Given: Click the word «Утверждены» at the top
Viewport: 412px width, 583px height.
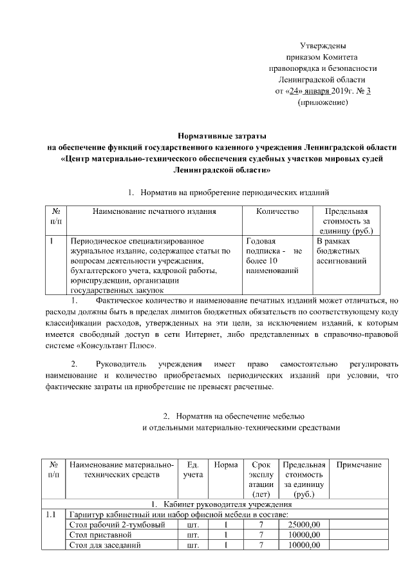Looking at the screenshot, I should (x=323, y=46).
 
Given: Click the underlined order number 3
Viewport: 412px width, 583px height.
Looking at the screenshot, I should (x=368, y=91).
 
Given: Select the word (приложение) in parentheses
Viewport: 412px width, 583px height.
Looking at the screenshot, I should (x=323, y=102).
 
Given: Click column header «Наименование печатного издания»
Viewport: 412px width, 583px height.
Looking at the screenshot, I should (x=154, y=211).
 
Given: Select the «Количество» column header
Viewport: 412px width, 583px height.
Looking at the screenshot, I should (x=277, y=211).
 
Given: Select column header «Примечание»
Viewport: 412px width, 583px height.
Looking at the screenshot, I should (x=359, y=465).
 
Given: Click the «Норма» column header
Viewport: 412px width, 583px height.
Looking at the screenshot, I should (x=225, y=465).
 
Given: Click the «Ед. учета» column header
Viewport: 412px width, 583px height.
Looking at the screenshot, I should (x=192, y=470).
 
